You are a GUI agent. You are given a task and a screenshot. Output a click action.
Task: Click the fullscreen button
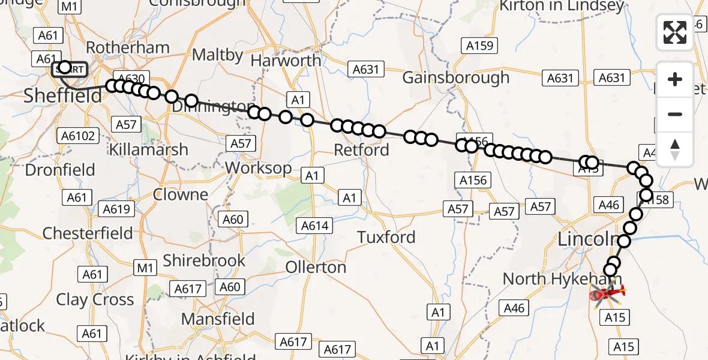pyautogui.click(x=675, y=32)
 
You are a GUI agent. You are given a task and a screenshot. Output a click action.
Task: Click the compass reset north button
pyautogui.click(x=675, y=149)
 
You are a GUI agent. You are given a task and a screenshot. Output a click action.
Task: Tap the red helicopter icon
pyautogui.click(x=607, y=293)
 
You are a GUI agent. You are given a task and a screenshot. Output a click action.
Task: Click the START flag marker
pyautogui.click(x=69, y=70)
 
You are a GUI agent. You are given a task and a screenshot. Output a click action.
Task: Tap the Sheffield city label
pyautogui.click(x=62, y=95)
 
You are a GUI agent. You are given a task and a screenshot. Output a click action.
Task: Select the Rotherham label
pyautogui.click(x=119, y=47)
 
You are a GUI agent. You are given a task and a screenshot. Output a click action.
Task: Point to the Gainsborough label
pyautogui.click(x=455, y=77)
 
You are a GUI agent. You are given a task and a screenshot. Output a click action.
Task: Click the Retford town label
pyautogui.click(x=361, y=149)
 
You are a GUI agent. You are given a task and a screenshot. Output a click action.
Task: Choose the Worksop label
pyautogui.click(x=259, y=168)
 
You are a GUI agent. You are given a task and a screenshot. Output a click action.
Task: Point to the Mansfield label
pyautogui.click(x=218, y=319)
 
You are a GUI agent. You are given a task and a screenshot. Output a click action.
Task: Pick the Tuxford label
pyautogui.click(x=386, y=238)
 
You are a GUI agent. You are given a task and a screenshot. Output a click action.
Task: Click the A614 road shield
pyautogui.click(x=314, y=226)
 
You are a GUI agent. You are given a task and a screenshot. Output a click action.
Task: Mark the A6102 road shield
pyautogui.click(x=78, y=136)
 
